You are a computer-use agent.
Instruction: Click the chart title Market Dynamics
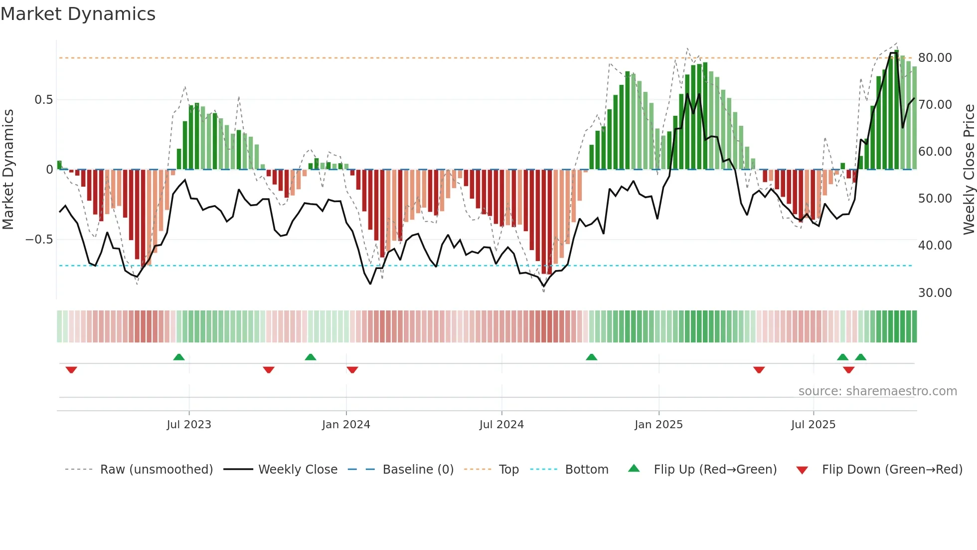tap(78, 14)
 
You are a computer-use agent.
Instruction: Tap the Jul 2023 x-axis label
tap(189, 425)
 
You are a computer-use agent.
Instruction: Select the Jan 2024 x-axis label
tap(346, 425)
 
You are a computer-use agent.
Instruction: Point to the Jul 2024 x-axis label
tap(501, 425)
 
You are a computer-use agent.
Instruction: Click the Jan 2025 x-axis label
tap(658, 425)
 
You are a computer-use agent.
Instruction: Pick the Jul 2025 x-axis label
tap(813, 425)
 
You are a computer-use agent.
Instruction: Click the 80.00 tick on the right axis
tap(935, 58)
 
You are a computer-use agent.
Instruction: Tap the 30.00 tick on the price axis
tap(935, 293)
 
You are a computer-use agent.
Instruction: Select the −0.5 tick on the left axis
tap(39, 240)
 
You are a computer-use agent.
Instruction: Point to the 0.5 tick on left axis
tap(43, 100)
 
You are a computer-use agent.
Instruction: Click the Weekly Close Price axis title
tap(969, 170)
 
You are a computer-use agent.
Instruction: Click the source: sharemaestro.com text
tap(877, 391)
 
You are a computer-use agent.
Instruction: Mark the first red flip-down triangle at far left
tap(71, 370)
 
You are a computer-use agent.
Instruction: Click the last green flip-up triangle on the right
tap(860, 357)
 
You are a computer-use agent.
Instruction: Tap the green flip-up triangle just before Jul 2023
tap(179, 357)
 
